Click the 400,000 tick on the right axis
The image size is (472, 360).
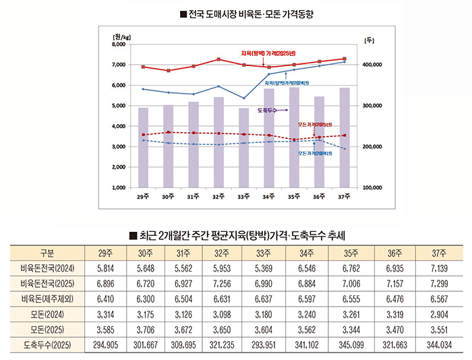coord(373,65)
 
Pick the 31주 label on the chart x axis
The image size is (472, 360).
coord(192,196)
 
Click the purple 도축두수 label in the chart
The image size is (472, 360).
coord(267,110)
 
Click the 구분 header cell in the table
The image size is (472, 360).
coord(47,253)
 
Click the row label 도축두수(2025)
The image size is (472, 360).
coord(47,344)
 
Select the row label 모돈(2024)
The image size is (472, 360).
coord(47,313)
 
